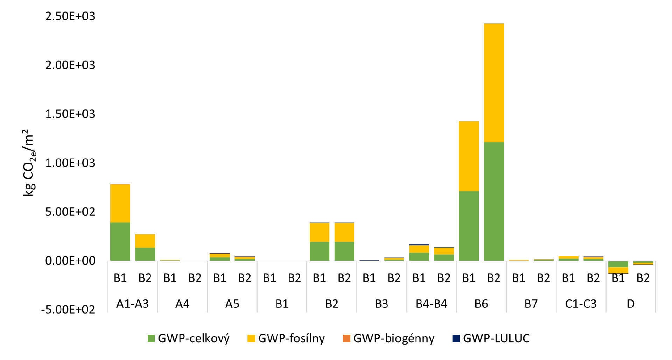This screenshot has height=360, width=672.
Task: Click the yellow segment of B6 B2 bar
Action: (x=494, y=83)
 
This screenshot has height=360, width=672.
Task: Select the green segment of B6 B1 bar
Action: (x=469, y=226)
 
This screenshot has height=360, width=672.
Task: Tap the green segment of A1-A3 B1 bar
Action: (x=120, y=241)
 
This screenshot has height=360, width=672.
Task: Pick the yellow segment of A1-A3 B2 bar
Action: (x=145, y=241)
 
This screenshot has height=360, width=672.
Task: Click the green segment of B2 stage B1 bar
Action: (x=319, y=251)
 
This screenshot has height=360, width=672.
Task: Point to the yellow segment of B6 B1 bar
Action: (x=469, y=156)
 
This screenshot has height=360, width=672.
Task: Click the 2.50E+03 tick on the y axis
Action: (x=70, y=16)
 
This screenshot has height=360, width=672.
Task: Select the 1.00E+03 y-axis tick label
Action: (x=70, y=163)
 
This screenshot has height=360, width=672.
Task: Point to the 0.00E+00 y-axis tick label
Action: (x=70, y=261)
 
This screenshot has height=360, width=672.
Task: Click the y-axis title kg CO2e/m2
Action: (x=28, y=163)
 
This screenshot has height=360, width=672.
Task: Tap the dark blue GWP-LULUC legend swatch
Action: (x=456, y=338)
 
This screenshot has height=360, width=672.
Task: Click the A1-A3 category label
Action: (x=132, y=304)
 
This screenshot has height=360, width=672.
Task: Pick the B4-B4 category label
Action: (x=431, y=304)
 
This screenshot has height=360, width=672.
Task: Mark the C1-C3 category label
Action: (x=581, y=304)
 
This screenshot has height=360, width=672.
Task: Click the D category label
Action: (x=631, y=304)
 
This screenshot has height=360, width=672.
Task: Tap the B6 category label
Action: (x=481, y=304)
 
